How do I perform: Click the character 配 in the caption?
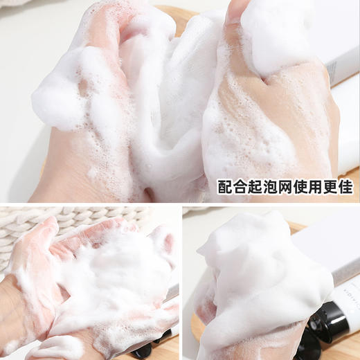pos(225,187)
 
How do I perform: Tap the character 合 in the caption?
pos(241,187)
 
